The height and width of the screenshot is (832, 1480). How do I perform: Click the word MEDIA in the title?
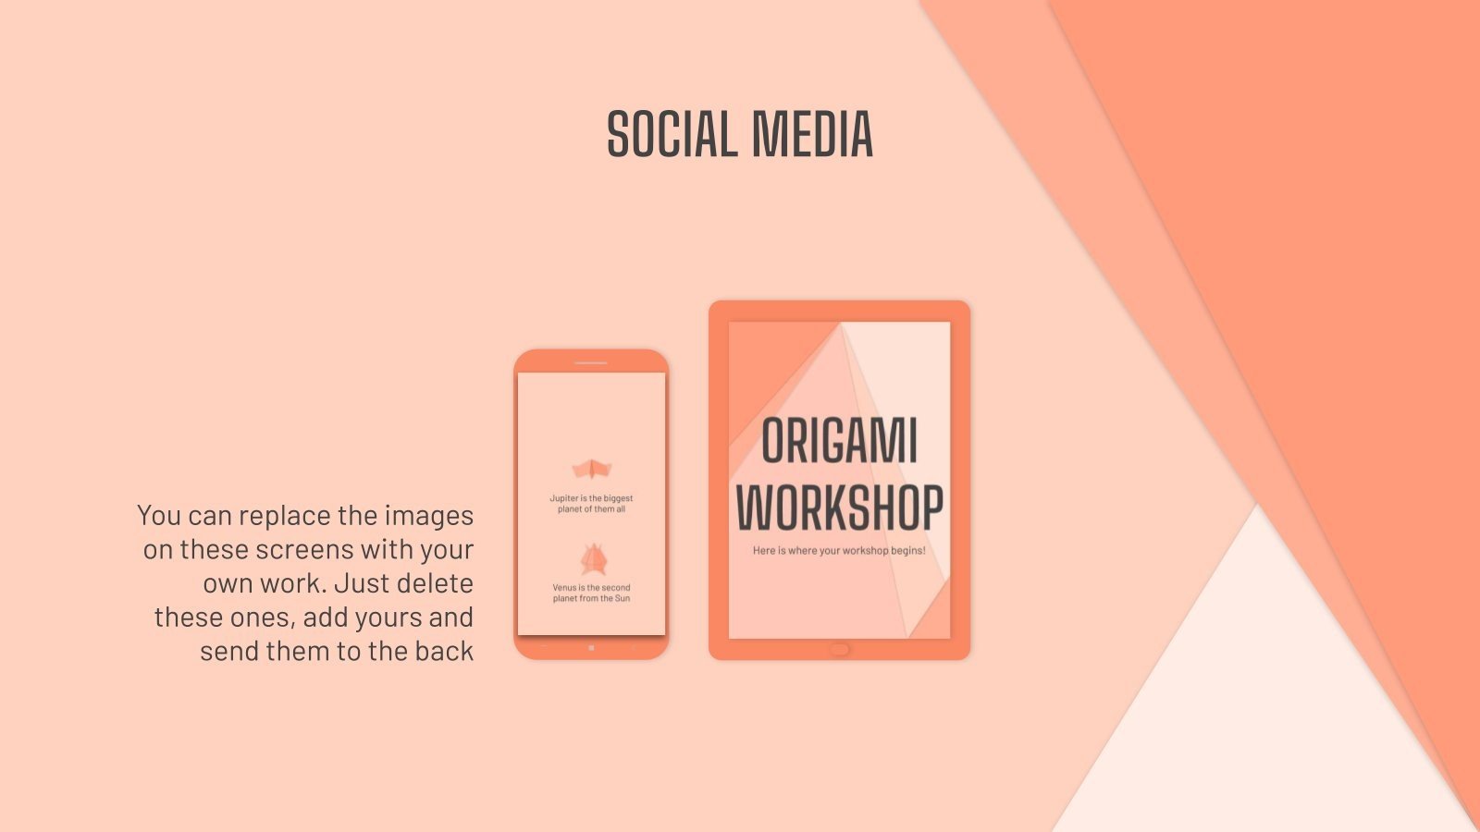click(812, 135)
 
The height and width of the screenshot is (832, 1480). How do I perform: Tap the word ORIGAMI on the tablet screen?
click(839, 442)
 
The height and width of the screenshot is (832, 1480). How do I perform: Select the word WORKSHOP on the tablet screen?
click(839, 508)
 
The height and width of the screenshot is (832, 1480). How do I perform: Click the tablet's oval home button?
click(839, 649)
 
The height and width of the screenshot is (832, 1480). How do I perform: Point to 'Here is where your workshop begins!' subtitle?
click(839, 551)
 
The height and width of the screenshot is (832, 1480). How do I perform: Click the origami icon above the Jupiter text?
click(591, 470)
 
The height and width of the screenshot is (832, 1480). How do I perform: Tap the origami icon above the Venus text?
click(592, 558)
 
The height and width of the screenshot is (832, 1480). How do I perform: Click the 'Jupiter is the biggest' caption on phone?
click(591, 498)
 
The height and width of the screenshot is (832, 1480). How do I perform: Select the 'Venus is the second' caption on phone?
click(591, 588)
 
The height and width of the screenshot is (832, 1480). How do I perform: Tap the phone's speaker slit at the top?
click(590, 362)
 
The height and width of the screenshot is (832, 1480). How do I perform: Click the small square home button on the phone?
click(591, 648)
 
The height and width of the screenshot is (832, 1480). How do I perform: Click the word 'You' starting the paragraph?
click(158, 516)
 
